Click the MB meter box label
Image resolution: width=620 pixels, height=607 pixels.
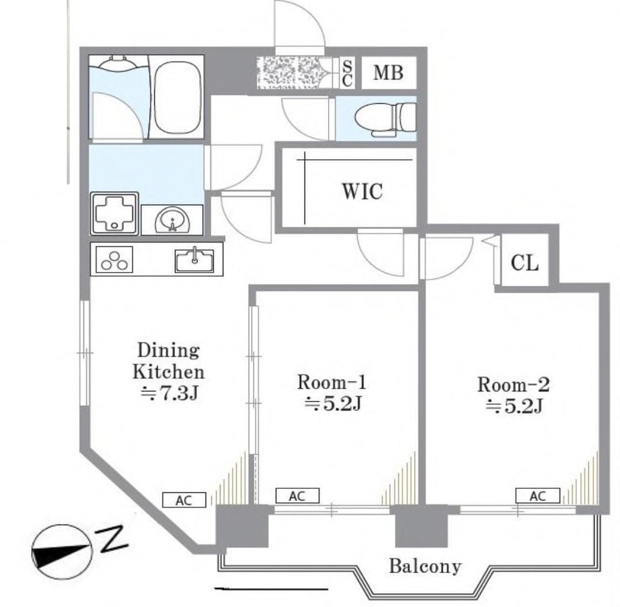tap(388, 73)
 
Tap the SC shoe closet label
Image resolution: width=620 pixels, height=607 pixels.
tap(347, 73)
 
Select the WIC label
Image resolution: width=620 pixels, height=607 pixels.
tap(362, 191)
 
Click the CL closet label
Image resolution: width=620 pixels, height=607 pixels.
tap(524, 262)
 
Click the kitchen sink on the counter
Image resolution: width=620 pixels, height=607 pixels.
tap(194, 261)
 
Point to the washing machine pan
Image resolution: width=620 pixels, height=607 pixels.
tap(115, 213)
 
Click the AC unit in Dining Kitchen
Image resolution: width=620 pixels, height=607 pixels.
tap(184, 500)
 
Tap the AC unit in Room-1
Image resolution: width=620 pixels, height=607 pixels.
tap(297, 495)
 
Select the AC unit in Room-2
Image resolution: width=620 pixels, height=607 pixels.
tap(537, 495)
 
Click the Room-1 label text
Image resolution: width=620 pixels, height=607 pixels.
tap(332, 382)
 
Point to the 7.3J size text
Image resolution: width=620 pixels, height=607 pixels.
tap(169, 393)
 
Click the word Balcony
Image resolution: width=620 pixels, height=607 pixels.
tap(425, 566)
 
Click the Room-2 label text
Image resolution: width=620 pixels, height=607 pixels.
tap(513, 384)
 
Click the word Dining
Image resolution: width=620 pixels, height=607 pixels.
tap(168, 350)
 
